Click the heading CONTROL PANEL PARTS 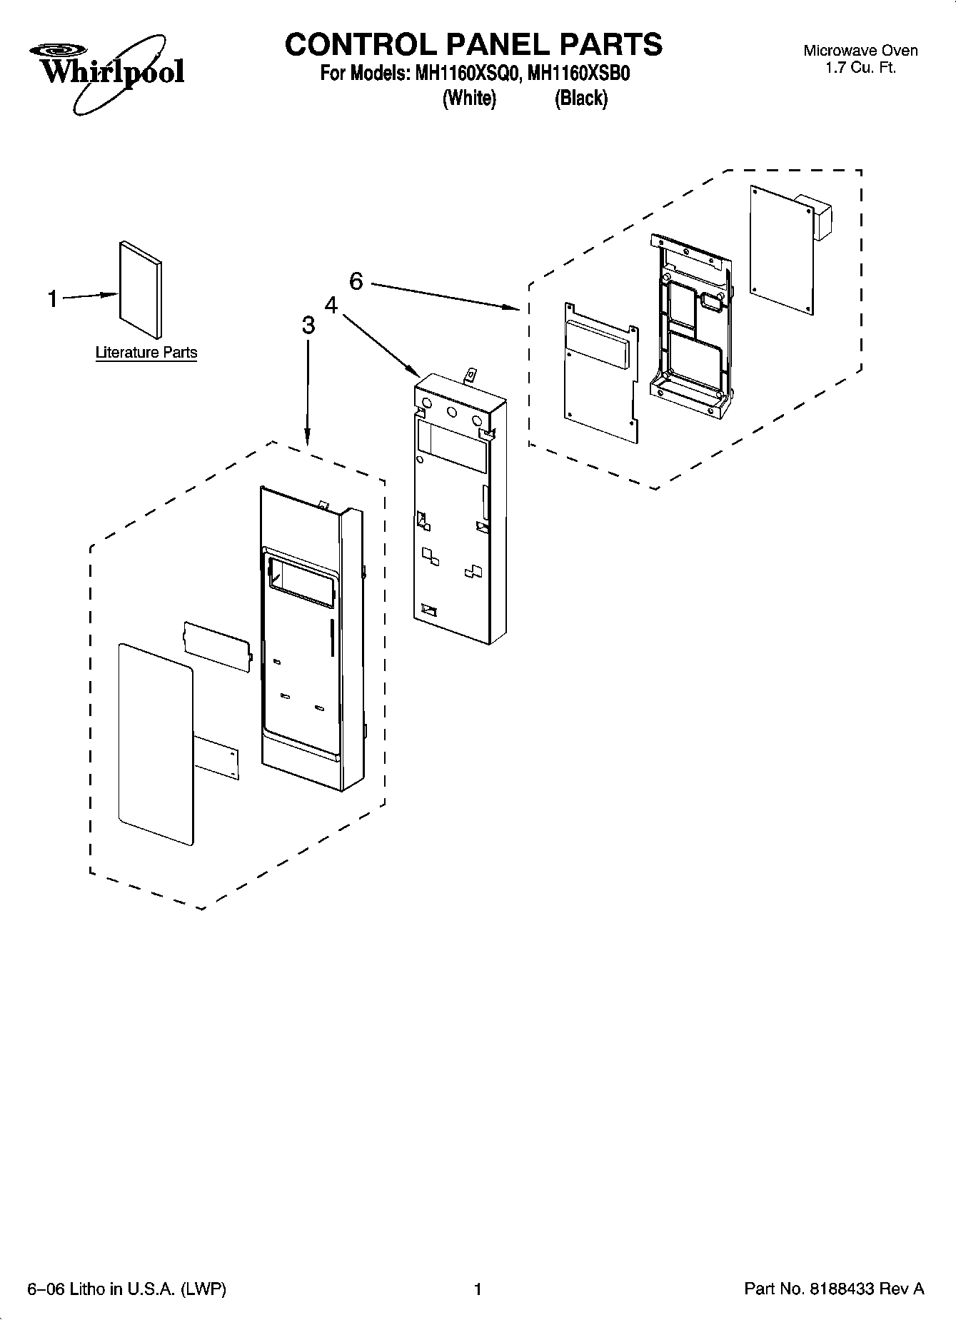tap(473, 44)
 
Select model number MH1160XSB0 tap(578, 74)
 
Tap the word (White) tap(469, 99)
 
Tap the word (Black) tap(581, 99)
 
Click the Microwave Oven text tap(860, 51)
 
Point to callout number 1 tap(52, 298)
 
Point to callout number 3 tap(308, 326)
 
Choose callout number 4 tap(331, 306)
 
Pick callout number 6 tap(356, 282)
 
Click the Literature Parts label tap(146, 353)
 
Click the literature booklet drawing tap(139, 289)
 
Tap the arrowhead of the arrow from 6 tap(515, 308)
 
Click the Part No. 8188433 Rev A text tap(834, 1289)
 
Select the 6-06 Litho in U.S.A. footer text tap(126, 1289)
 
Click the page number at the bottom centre tap(478, 1289)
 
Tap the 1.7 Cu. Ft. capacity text tap(860, 69)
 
